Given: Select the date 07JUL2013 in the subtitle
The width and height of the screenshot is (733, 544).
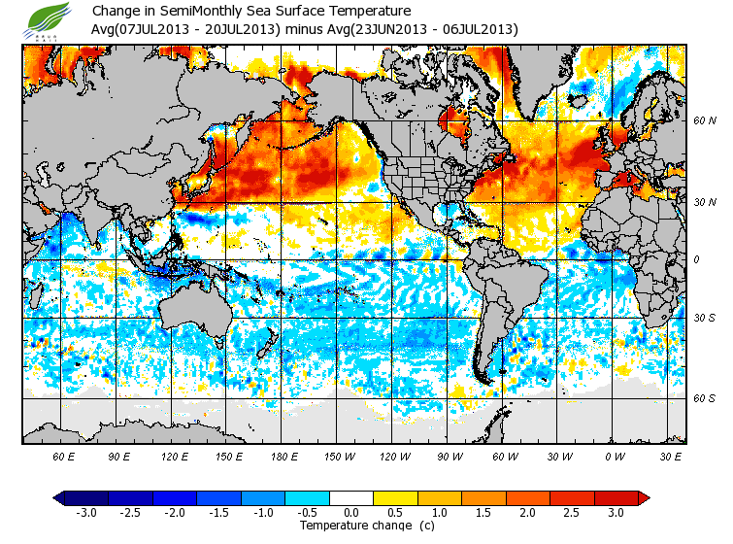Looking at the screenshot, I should point(149,29).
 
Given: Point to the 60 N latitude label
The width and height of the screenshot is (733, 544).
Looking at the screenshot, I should point(706,121).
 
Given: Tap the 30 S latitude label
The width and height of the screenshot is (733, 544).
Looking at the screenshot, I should point(706,319).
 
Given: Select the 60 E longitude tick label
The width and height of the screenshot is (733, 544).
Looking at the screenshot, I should point(64,456).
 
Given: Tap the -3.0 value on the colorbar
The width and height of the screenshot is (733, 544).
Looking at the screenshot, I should point(85,513).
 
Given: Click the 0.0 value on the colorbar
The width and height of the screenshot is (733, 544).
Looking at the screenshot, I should point(350,513).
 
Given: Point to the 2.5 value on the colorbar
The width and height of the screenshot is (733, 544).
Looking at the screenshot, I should point(571,513).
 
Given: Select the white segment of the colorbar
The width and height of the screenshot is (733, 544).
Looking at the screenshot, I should point(350,497).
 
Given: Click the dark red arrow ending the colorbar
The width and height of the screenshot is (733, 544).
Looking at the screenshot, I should point(644,497).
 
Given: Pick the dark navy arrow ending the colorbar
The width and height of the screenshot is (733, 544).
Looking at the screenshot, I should point(60,497).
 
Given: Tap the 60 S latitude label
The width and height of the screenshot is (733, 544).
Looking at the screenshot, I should point(706,398).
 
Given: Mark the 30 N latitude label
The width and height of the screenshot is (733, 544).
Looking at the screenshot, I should point(706,200).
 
